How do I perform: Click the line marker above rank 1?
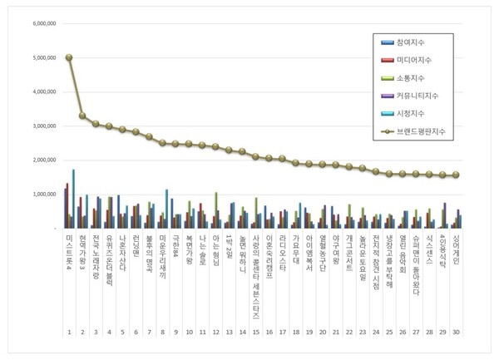coord(69,57)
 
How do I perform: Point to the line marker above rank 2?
coord(82,116)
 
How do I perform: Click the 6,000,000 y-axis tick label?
coord(44,23)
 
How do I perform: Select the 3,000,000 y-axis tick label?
coord(44,126)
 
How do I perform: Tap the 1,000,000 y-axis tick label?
coord(44,194)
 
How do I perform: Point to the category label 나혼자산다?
coord(122,252)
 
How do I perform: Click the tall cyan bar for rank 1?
coord(74,199)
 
